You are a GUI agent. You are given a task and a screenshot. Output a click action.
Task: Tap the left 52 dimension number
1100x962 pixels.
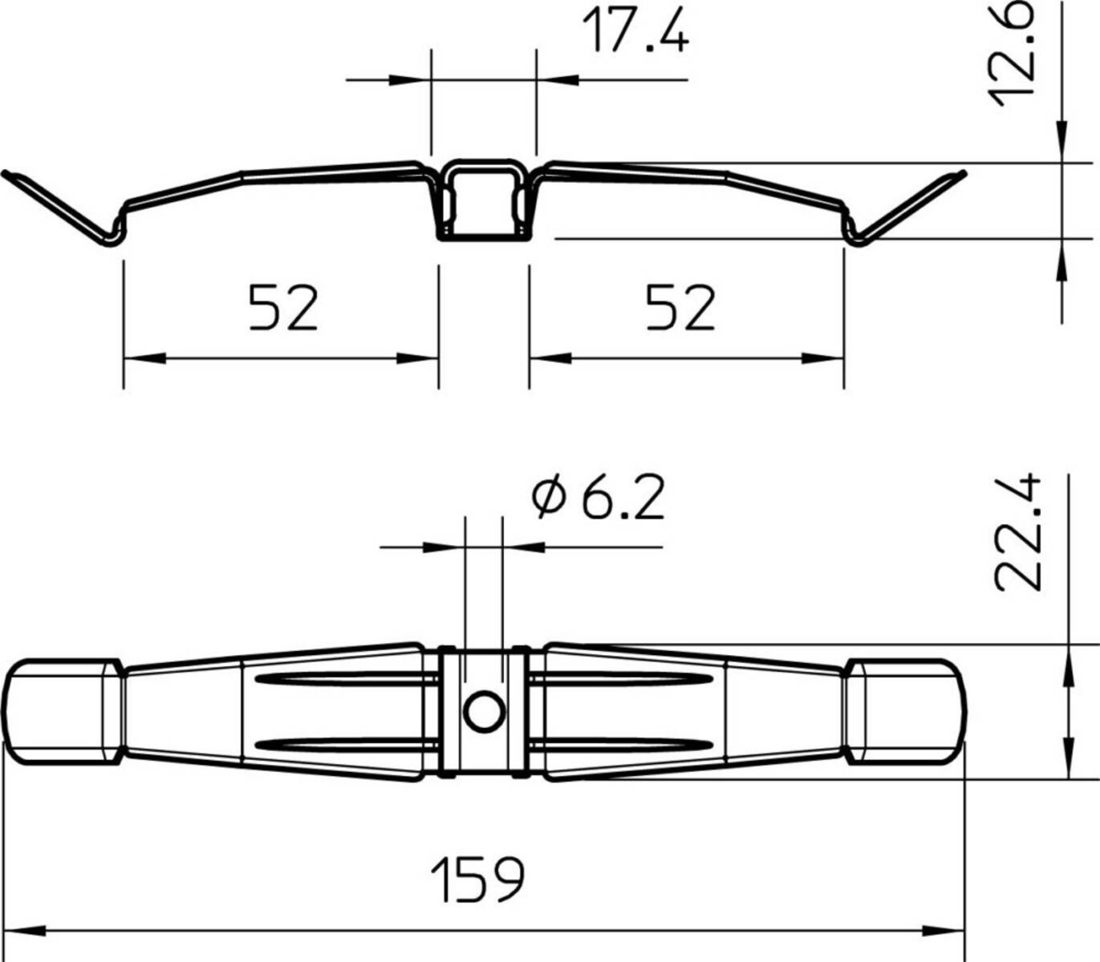tap(282, 307)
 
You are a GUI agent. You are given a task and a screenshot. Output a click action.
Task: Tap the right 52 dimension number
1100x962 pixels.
tap(680, 307)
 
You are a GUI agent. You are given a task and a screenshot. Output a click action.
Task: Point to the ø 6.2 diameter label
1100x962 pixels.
tap(599, 499)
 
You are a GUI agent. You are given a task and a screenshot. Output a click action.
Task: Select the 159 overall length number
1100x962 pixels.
tap(478, 879)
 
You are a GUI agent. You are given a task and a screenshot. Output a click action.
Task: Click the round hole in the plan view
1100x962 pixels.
tap(484, 711)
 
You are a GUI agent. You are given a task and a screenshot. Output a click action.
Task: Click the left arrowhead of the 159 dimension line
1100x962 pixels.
tap(24, 932)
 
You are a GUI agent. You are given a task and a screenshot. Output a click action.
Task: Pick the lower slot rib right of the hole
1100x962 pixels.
tap(622, 742)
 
